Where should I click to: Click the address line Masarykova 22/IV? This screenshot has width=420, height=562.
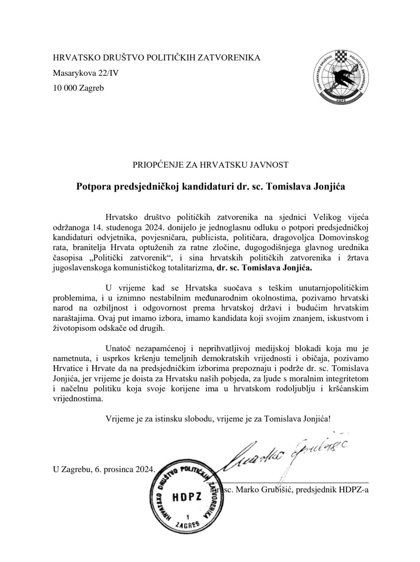tap(86, 73)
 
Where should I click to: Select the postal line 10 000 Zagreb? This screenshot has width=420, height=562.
tap(78, 88)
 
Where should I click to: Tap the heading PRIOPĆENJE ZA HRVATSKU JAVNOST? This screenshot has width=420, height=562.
tap(210, 165)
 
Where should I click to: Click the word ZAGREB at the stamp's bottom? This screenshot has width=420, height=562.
tap(188, 525)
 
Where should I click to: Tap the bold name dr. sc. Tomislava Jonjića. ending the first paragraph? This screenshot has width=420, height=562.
tap(264, 268)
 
